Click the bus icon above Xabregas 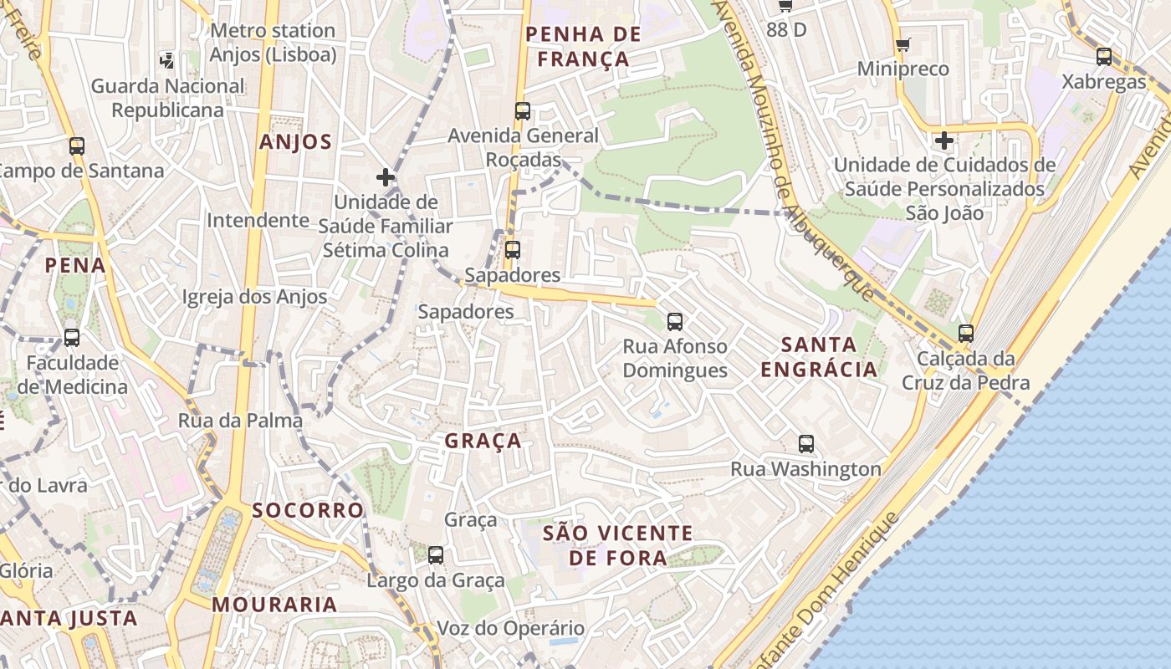[x=1104, y=57]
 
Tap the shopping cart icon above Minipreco [x=903, y=44]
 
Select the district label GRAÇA [x=483, y=441]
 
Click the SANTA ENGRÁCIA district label [x=819, y=356]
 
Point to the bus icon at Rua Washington [x=806, y=444]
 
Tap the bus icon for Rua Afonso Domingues [x=675, y=321]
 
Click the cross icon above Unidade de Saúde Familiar [x=386, y=177]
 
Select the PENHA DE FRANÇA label [x=583, y=47]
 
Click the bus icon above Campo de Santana [x=77, y=146]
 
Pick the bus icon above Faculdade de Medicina [x=72, y=338]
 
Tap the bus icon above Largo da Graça [x=436, y=554]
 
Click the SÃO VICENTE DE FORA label [x=618, y=545]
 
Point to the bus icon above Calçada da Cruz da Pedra [x=966, y=333]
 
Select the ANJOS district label [x=295, y=142]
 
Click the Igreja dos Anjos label [x=254, y=297]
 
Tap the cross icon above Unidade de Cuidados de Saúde [x=944, y=140]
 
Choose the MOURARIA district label [x=274, y=604]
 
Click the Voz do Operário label [x=511, y=628]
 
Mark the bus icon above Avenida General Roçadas [x=523, y=110]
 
